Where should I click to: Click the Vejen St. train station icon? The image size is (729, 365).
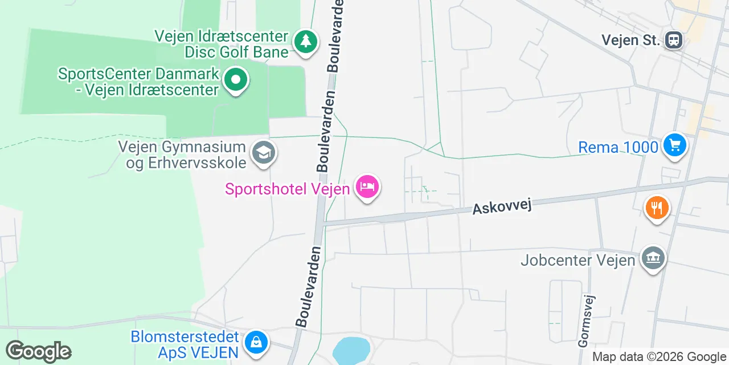point(674,40)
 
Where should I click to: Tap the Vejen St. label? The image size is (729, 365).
point(631,40)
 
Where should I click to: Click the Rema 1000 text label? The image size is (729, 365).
point(618,147)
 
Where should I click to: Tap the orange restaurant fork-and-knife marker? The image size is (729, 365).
point(657,208)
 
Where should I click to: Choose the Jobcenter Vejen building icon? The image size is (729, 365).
point(653,259)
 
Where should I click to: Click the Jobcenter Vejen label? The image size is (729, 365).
point(578,261)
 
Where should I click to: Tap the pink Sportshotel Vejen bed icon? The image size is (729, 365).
point(367,186)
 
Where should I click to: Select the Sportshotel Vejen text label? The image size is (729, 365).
point(287,188)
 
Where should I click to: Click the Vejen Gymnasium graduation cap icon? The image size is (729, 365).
point(264,153)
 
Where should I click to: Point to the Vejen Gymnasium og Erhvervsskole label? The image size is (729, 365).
point(182,154)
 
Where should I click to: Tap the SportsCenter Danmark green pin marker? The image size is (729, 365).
point(235,79)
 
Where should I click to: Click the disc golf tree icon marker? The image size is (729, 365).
point(306,42)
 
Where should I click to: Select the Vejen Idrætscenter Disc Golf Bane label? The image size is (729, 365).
point(222,44)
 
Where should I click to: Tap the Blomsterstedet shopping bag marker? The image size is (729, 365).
point(256,342)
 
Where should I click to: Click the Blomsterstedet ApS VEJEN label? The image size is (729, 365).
point(185,344)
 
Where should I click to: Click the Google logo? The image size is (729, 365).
point(38,351)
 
